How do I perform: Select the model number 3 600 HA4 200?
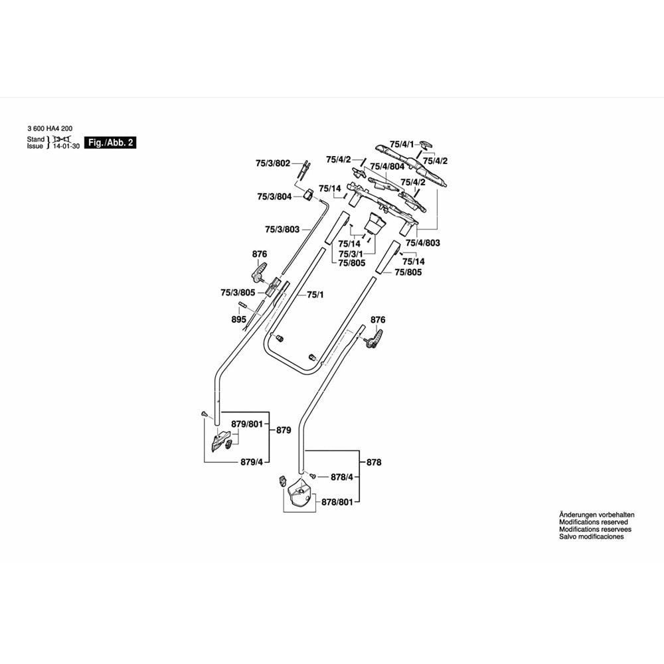(x=50, y=129)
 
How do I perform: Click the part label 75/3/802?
(x=273, y=163)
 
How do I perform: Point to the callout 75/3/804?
(x=274, y=197)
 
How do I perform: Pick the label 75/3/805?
(x=238, y=292)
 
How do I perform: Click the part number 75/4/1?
(x=401, y=144)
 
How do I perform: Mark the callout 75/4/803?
(x=424, y=243)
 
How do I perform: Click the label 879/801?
(x=247, y=424)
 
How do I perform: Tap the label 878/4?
(x=343, y=477)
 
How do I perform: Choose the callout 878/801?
(x=337, y=503)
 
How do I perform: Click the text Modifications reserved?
(x=588, y=523)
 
